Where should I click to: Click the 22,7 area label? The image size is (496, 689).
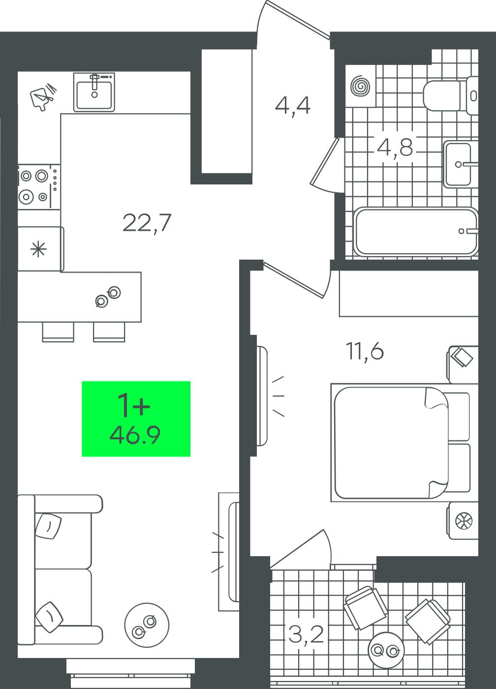click(x=147, y=222)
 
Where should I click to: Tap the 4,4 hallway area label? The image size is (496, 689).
click(x=292, y=106)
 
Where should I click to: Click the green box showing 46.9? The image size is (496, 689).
click(x=136, y=419)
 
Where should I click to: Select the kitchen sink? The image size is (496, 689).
click(x=94, y=92)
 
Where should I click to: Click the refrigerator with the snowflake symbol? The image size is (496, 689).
click(x=40, y=249)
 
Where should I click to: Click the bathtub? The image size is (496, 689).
click(x=416, y=231)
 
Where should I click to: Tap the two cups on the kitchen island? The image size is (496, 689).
click(x=108, y=296)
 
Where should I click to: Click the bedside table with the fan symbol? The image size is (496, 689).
click(x=464, y=521)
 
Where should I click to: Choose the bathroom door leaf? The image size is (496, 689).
click(x=325, y=161)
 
